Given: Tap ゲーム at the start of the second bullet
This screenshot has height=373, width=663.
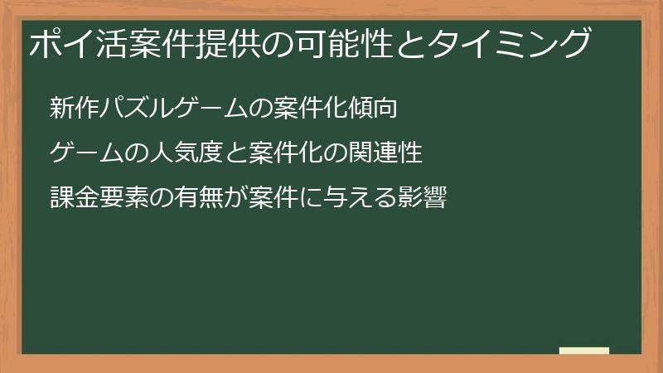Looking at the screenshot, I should click(x=84, y=153).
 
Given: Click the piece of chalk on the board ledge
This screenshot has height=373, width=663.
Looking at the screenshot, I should click(x=583, y=351).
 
